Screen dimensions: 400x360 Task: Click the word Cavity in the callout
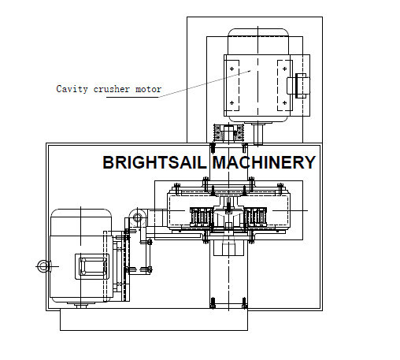point(72,89)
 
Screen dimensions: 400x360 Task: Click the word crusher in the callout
point(112,89)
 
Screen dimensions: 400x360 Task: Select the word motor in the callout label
point(148,89)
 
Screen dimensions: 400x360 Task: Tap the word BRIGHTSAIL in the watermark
point(154,162)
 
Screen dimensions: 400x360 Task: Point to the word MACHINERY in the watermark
point(264,162)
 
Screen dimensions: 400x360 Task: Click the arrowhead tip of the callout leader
point(251,70)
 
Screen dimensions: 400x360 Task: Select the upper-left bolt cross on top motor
point(231,69)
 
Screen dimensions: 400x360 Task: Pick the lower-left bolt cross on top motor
point(231,102)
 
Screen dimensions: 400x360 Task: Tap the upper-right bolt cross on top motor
point(285,69)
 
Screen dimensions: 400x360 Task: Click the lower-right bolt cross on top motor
point(285,102)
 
